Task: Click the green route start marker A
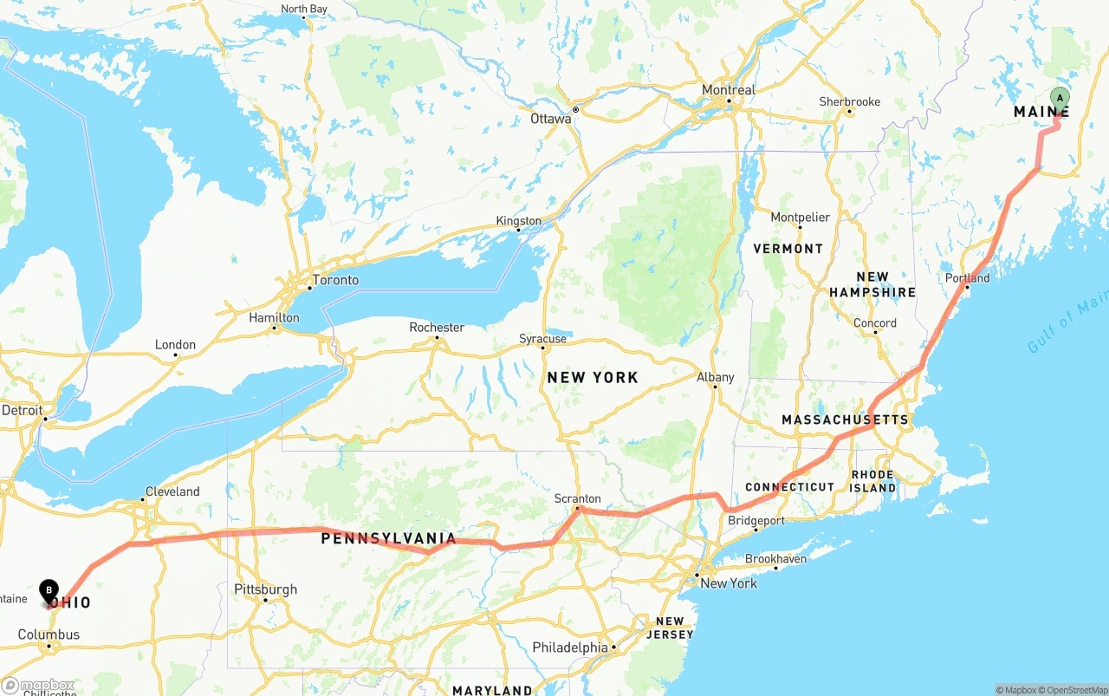1059,98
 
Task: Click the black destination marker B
49,590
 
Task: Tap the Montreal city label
729,90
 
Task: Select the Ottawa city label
551,119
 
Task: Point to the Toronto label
335,280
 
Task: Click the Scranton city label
577,498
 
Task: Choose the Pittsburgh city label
266,589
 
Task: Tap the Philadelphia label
570,647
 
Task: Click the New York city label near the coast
729,583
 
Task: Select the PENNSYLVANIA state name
388,539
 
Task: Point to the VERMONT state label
788,249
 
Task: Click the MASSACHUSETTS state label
845,420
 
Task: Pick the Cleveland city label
172,491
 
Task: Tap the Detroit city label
23,410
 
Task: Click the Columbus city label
49,634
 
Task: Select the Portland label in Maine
967,278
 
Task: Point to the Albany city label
715,377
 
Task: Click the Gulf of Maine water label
1067,322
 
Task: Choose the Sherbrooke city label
849,102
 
